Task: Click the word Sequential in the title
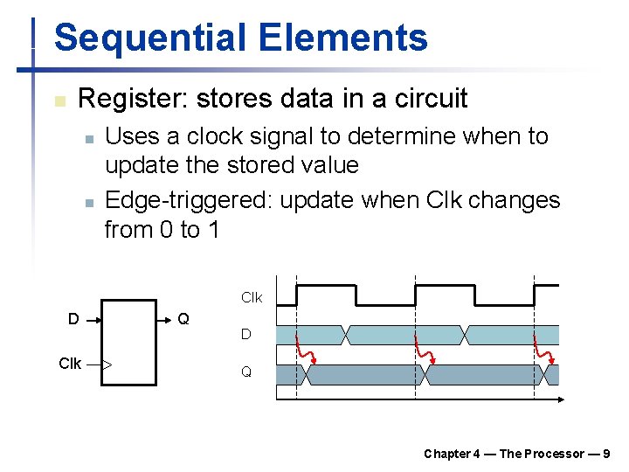[148, 38]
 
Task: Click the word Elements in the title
[344, 38]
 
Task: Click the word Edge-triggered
[188, 200]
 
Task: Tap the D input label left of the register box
[74, 319]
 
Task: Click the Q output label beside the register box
[183, 319]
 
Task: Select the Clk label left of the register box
[70, 364]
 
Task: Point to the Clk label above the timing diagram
[252, 298]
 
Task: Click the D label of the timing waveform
[246, 335]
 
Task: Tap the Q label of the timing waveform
[246, 372]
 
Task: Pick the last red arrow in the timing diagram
[544, 350]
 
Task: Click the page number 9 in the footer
[606, 454]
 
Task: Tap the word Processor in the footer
[555, 454]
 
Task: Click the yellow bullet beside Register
[59, 101]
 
